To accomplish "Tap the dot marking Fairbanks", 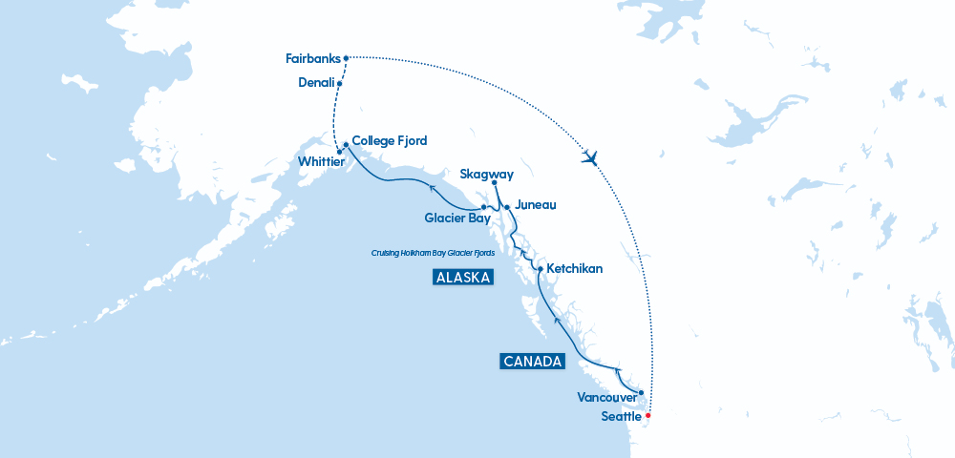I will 346,57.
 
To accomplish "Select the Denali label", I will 315,83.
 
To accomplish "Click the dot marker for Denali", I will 340,84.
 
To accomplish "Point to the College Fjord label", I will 390,140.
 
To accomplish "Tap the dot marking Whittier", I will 340,152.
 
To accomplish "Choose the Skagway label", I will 487,174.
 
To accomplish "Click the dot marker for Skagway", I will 494,183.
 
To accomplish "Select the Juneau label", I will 535,205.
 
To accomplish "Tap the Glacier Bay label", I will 457,219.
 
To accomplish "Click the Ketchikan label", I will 574,269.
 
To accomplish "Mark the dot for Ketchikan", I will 541,269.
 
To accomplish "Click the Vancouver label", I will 607,396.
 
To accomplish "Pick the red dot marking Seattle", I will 647,415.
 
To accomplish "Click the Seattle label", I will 622,417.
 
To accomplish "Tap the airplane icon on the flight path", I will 590,157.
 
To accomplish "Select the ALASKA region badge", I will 462,278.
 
